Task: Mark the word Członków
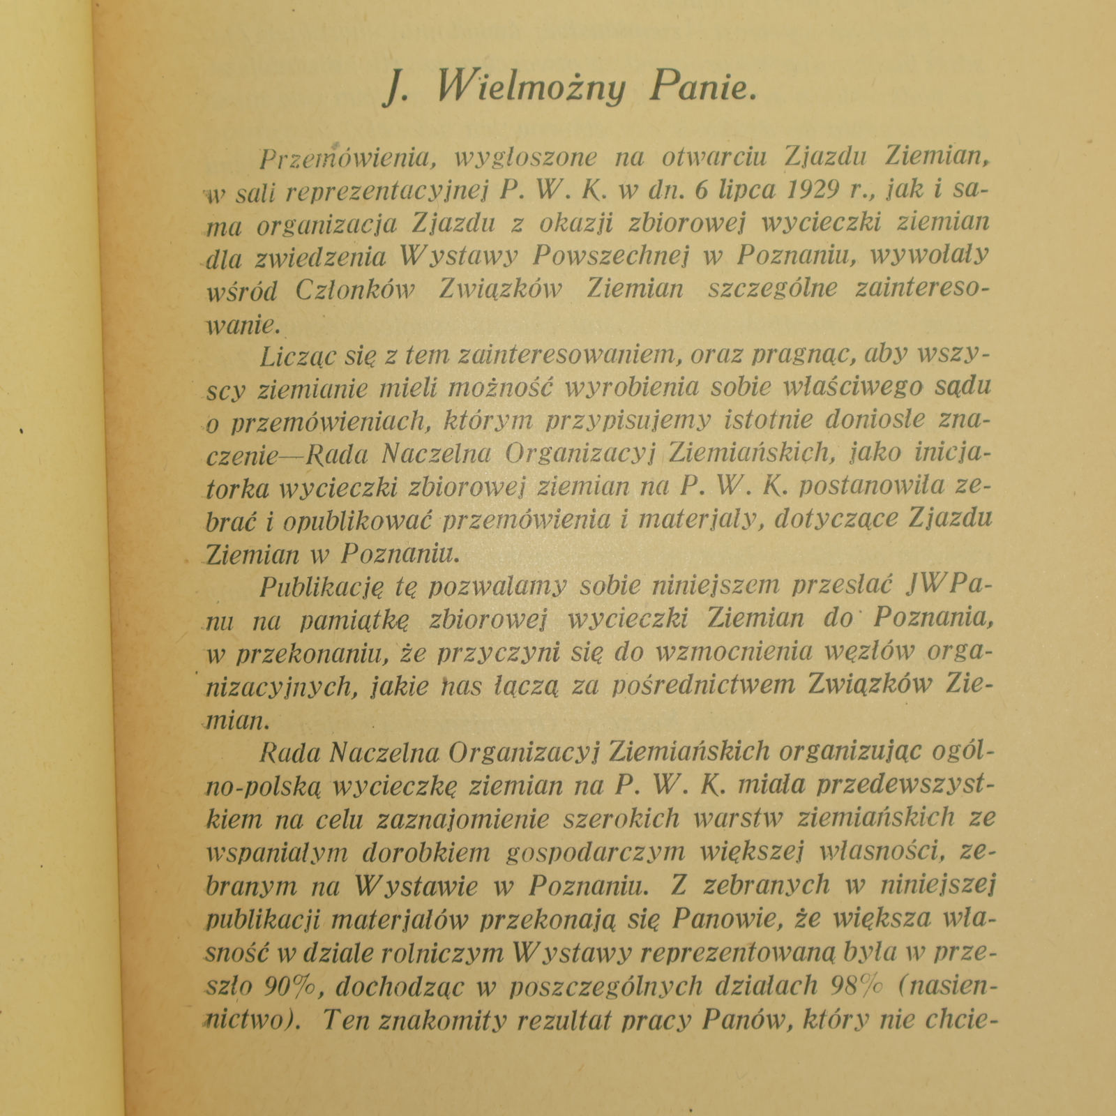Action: pyautogui.click(x=355, y=290)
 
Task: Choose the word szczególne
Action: pyautogui.click(x=773, y=289)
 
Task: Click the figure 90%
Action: pyautogui.click(x=291, y=986)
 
